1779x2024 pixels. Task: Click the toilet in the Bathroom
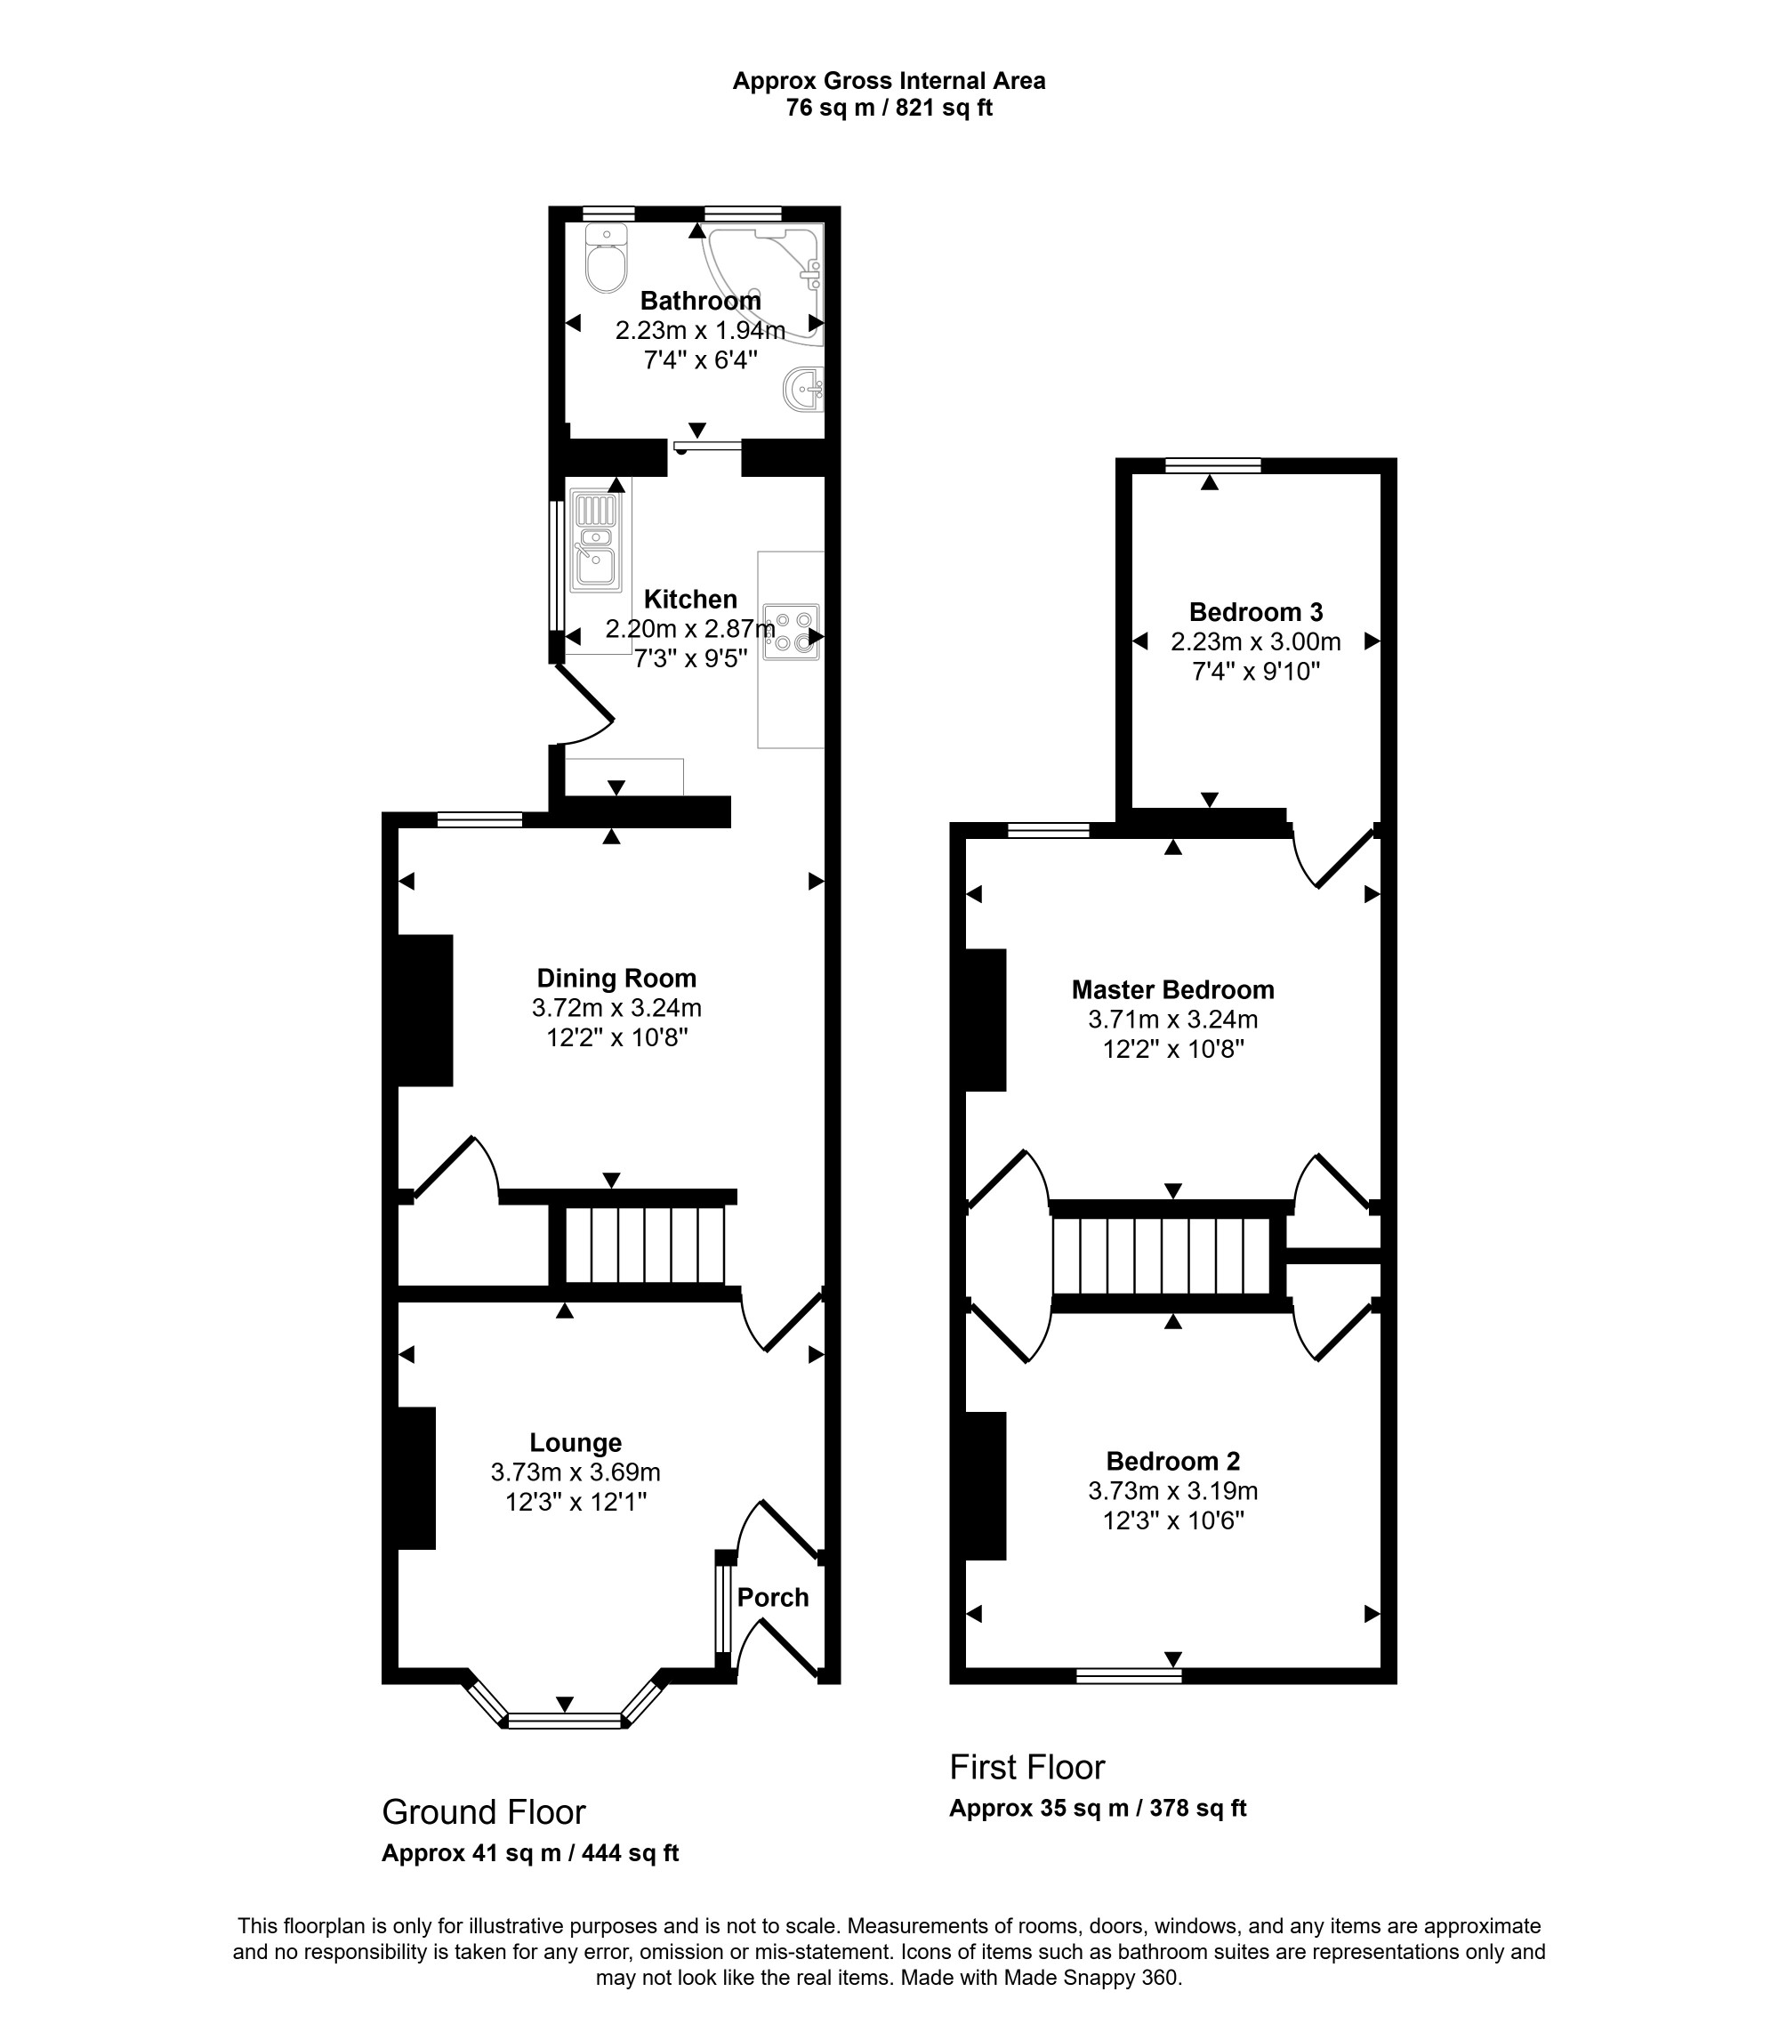(605, 257)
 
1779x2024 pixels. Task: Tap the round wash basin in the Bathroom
(804, 389)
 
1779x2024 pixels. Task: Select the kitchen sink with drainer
(595, 542)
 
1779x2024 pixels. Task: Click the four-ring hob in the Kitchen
(792, 632)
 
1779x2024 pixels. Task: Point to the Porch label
(773, 1597)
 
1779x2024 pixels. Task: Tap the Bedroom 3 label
(1255, 612)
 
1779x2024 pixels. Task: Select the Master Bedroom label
(1172, 989)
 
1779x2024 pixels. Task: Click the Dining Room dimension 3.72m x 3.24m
(616, 1008)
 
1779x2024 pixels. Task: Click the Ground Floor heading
(484, 1812)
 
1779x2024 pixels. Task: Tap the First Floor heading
(1026, 1767)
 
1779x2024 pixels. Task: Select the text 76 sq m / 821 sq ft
(889, 108)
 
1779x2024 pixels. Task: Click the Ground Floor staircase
(645, 1245)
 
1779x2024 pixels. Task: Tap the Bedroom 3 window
(1213, 464)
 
